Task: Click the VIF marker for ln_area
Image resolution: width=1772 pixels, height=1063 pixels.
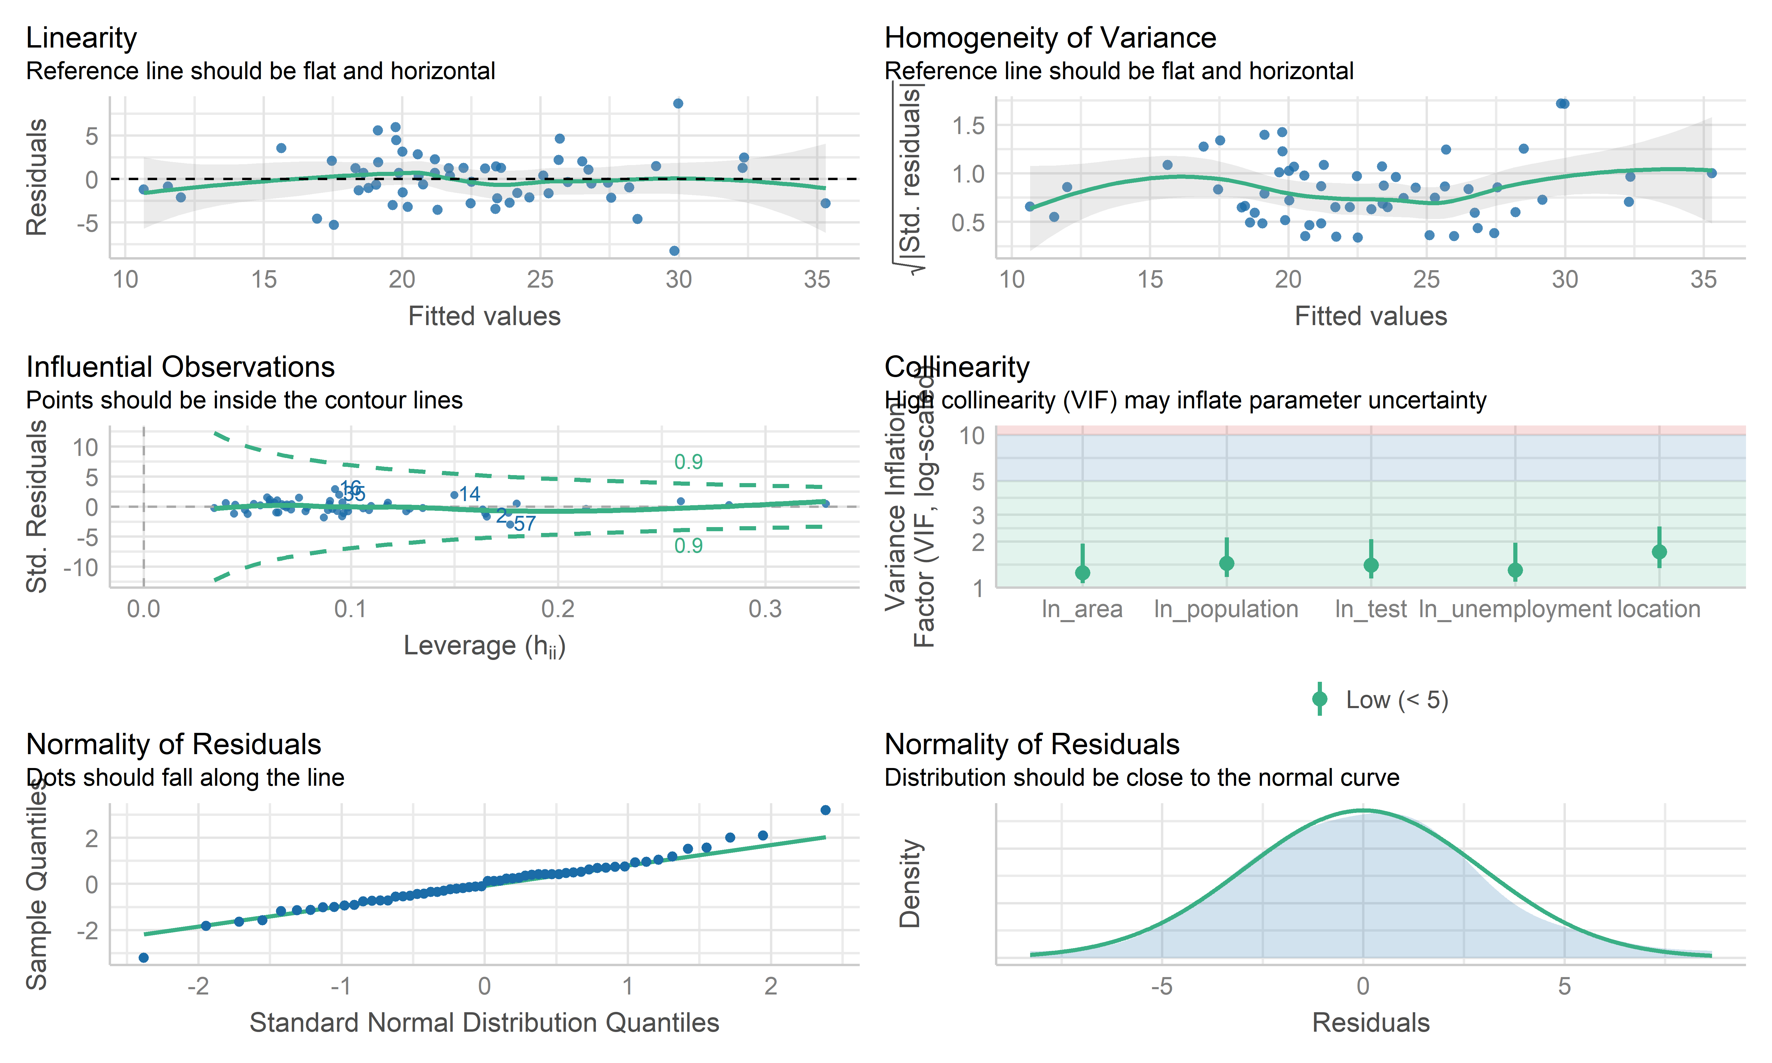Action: [x=1082, y=572]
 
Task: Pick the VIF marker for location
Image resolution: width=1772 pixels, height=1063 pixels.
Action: [x=1659, y=552]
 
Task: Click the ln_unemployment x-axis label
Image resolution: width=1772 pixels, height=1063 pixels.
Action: [x=1515, y=609]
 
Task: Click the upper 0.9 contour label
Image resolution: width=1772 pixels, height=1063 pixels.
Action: [x=688, y=462]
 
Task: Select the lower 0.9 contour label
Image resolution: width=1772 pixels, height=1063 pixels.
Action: [x=688, y=546]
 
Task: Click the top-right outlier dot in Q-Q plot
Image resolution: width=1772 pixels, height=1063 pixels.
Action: [x=825, y=810]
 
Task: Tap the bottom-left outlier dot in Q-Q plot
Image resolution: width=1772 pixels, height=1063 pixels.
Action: [x=143, y=958]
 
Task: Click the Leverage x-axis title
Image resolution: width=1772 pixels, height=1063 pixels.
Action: [x=484, y=646]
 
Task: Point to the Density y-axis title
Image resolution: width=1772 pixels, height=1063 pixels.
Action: [x=910, y=883]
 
